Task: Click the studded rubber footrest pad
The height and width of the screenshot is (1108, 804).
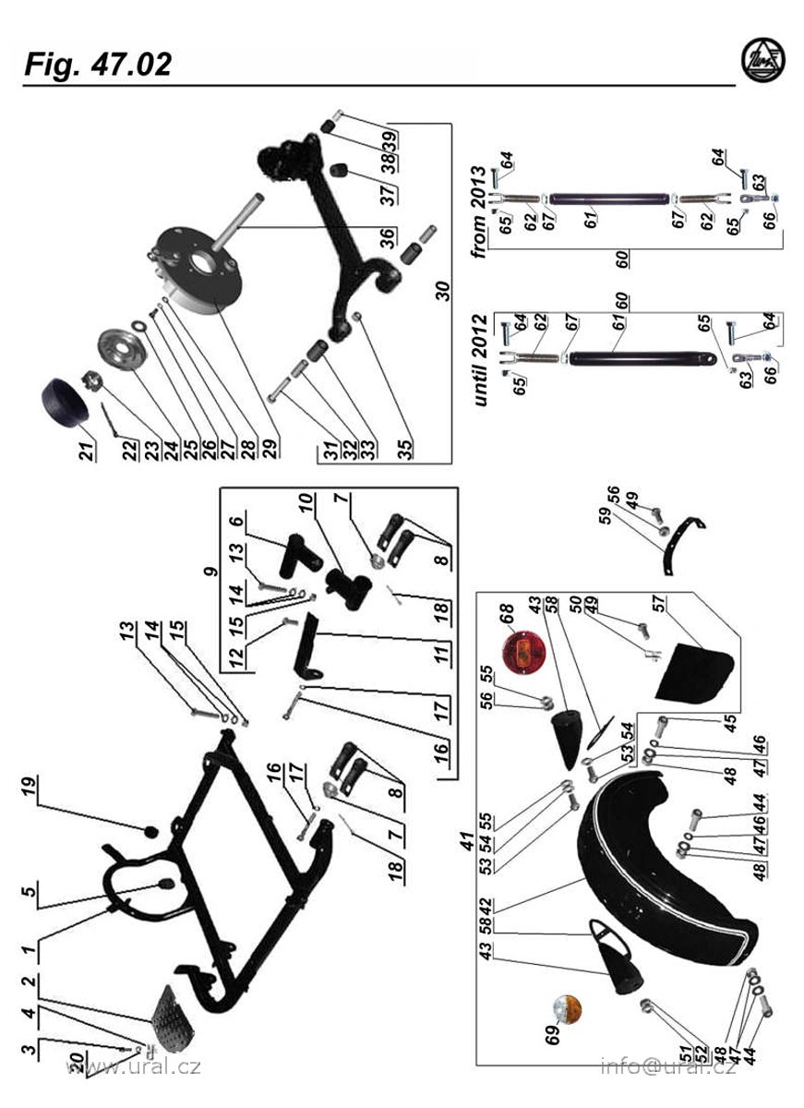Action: click(174, 1018)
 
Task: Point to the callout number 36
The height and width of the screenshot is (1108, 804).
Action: click(391, 237)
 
